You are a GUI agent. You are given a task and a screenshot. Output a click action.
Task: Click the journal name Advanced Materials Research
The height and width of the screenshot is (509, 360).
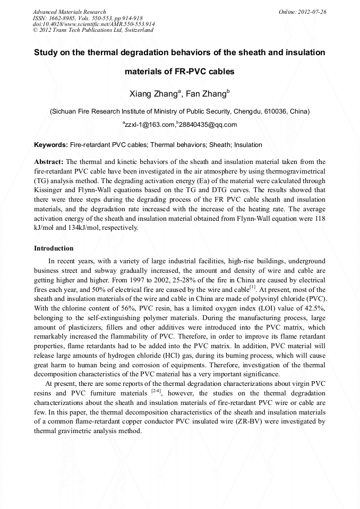tap(69, 12)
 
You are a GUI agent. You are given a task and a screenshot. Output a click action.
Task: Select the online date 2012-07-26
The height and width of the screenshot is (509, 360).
tap(312, 12)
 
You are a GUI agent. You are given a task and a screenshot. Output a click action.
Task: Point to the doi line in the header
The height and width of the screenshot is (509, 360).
tap(93, 24)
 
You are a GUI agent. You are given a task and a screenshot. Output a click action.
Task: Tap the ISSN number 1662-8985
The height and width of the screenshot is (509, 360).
tap(61, 18)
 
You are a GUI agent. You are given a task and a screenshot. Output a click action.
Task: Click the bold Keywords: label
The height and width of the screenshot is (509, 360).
tap(51, 144)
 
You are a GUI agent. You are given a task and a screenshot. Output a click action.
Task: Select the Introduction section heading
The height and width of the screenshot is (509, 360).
tap(54, 248)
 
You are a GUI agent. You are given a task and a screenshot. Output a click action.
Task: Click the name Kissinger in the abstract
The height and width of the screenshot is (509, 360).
tap(49, 189)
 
